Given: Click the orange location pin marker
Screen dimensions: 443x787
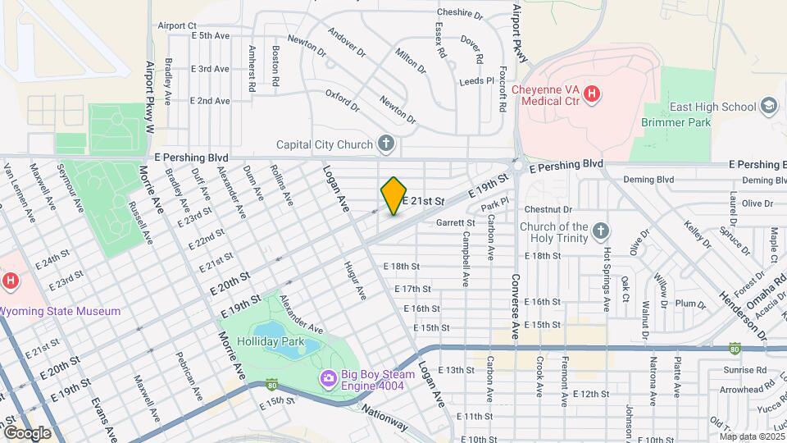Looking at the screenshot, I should [394, 195].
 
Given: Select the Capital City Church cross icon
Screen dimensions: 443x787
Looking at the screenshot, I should [387, 145].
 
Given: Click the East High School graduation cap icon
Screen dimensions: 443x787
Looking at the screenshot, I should [768, 106].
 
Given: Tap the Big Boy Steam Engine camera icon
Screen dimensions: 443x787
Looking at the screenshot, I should [328, 378].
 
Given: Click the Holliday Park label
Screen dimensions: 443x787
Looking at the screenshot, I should [271, 341].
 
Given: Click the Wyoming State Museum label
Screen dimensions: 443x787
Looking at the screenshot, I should [61, 311].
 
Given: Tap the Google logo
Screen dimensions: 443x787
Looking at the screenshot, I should [26, 432].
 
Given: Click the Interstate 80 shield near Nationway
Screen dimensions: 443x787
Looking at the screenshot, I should [272, 384].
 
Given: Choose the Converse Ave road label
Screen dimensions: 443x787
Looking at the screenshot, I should [516, 304].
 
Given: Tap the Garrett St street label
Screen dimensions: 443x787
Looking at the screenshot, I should [456, 222].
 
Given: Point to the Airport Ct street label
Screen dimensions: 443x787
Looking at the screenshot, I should [177, 26].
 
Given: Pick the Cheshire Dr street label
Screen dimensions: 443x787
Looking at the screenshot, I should [459, 13].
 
